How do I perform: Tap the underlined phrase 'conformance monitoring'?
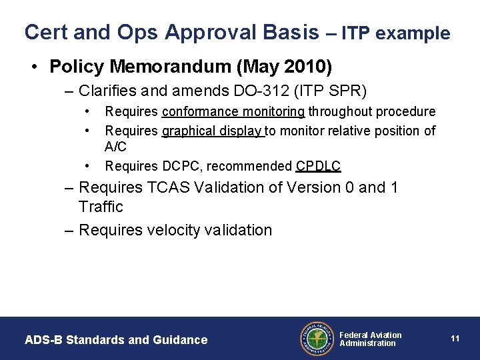[233, 112]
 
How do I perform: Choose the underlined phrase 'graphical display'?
[213, 131]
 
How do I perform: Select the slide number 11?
[455, 339]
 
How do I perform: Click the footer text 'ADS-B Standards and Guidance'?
[116, 340]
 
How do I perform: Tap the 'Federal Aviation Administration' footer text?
[371, 339]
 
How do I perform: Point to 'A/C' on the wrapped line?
[117, 146]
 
